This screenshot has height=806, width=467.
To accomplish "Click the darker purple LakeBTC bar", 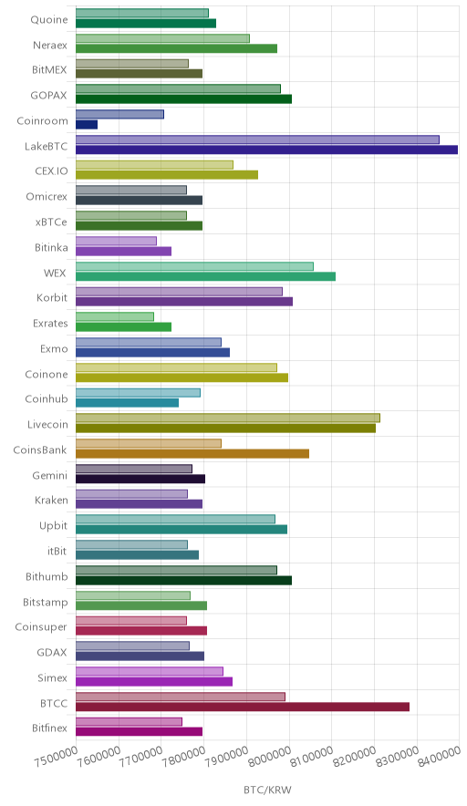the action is (266, 150).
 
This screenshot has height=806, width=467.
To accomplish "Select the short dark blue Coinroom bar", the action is (87, 124).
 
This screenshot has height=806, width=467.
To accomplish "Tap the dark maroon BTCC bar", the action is (243, 707).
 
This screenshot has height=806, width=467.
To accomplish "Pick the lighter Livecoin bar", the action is (228, 418).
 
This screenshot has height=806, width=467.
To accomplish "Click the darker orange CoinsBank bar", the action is (192, 453).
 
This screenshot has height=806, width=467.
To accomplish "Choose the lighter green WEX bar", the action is (194, 266).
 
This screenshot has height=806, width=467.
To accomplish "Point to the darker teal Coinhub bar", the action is (127, 403).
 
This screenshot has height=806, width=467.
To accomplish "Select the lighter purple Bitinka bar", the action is (116, 241).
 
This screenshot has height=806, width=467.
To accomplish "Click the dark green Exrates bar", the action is (123, 327).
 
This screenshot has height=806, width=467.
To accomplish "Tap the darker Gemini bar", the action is (140, 479).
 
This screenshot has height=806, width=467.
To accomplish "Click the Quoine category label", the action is (49, 19).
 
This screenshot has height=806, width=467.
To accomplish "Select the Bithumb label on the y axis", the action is (47, 577).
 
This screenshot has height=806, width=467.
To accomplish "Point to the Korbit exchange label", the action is (52, 297).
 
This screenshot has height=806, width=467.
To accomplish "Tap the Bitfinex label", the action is (49, 728).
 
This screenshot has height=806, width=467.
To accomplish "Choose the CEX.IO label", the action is (51, 171).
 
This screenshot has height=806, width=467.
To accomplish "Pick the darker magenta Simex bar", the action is (154, 682).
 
